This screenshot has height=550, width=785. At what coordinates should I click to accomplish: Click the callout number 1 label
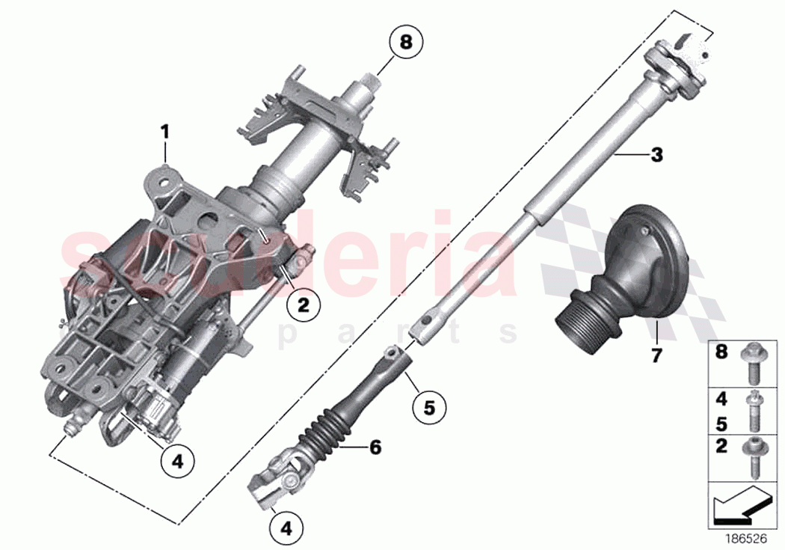coord(165,132)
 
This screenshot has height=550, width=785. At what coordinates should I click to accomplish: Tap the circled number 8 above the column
coord(405,42)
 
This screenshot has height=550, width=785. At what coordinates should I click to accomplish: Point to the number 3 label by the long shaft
coord(656,156)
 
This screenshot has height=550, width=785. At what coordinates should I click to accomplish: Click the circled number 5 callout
coord(428,407)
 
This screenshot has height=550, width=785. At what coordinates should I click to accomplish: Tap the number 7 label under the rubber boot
coord(656,355)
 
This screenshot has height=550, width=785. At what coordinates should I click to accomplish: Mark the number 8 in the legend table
coord(721,352)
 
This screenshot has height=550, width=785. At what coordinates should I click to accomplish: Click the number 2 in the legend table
coord(721,446)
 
